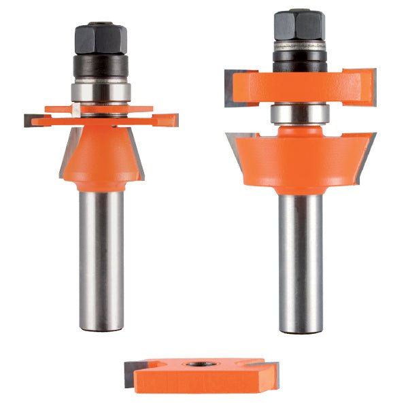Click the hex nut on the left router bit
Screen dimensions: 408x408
[101, 39]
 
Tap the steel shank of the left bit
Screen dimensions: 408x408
[101, 258]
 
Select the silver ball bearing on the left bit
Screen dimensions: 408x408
[101, 92]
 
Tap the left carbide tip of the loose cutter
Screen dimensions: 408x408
[130, 374]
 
